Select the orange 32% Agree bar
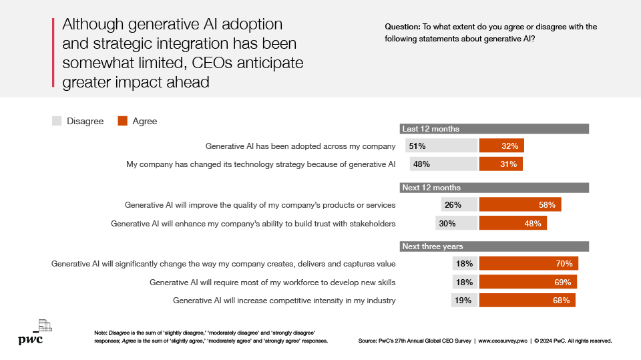(501, 146)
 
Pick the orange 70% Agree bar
(528, 263)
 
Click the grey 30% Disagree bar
(456, 223)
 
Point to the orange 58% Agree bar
(520, 205)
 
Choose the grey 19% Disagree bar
(464, 300)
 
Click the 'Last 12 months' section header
(494, 129)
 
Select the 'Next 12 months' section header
(494, 188)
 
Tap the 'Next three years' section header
(494, 246)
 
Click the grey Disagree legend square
(57, 121)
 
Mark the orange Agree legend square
(122, 121)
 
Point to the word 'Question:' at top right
(402, 27)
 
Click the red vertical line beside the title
(53, 53)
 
